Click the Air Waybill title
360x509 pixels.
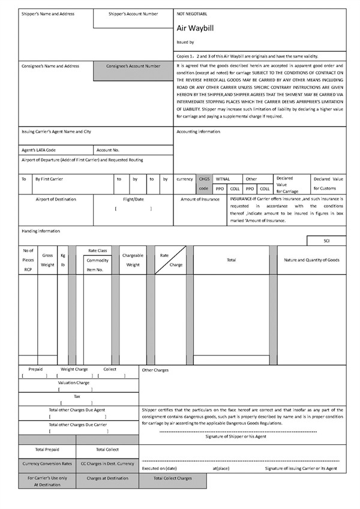pos(191,28)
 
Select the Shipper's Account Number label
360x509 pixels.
pos(133,13)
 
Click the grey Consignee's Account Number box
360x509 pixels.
pos(133,66)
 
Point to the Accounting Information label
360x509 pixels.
pos(199,131)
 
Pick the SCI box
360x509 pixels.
pos(326,240)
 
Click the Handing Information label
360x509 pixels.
pos(41,231)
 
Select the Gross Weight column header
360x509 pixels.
pos(47,260)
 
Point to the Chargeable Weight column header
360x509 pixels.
pos(133,260)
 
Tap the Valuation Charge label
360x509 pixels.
pos(74,382)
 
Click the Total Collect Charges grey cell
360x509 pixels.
pos(173,478)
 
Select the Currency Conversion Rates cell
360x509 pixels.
pos(47,463)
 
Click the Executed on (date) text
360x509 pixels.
pos(159,468)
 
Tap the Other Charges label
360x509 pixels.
pos(155,370)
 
